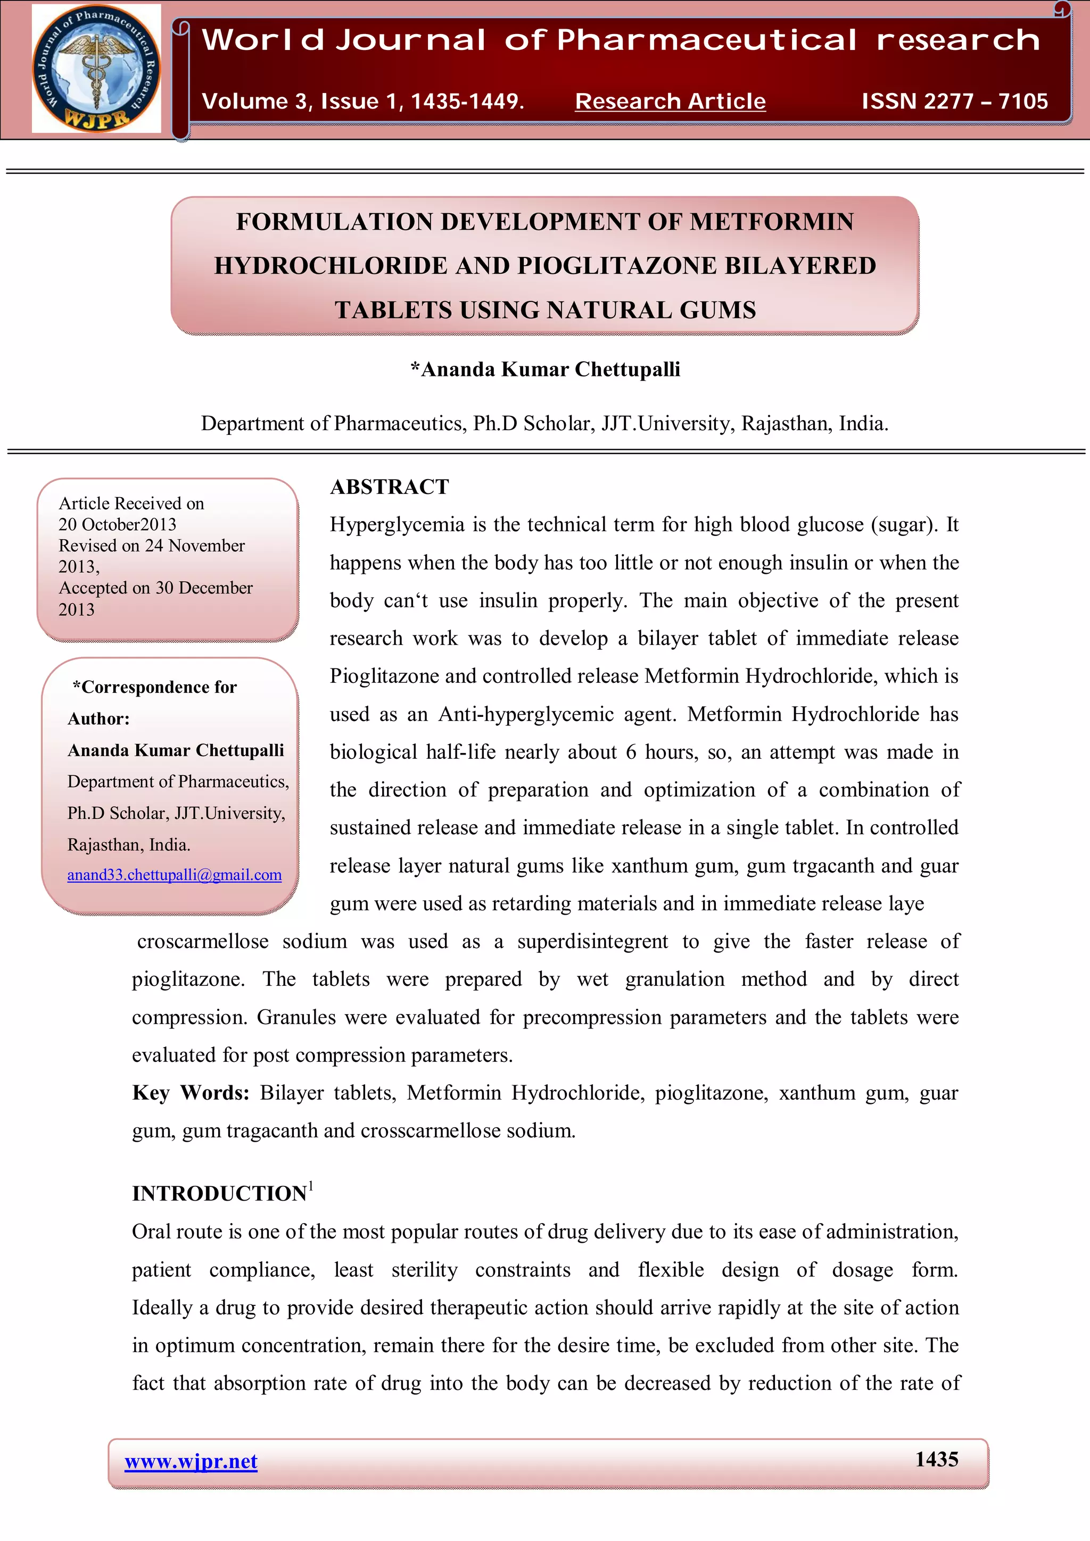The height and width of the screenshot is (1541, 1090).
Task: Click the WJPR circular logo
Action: (x=96, y=69)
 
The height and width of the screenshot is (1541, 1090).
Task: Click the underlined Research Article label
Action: (x=670, y=102)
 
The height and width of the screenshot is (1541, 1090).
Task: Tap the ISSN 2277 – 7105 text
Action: (x=954, y=102)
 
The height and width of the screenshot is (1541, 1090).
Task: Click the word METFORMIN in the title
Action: (x=772, y=222)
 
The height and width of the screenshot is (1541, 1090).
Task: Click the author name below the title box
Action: (x=546, y=369)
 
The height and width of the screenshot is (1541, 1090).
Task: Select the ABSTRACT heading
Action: (x=389, y=487)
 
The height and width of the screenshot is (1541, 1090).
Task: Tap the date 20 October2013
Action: (x=118, y=524)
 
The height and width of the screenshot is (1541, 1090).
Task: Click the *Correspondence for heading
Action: (x=154, y=687)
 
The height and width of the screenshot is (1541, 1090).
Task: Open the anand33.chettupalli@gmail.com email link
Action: (x=174, y=875)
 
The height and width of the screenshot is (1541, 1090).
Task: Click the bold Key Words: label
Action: (x=191, y=1093)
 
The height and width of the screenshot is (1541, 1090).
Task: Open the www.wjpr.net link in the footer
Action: (x=191, y=1462)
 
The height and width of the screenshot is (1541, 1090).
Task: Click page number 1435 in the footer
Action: (x=936, y=1460)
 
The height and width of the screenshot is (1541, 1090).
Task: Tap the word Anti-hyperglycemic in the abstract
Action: (x=526, y=714)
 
